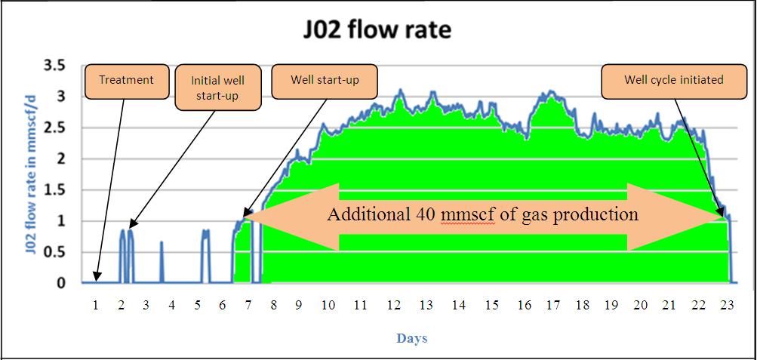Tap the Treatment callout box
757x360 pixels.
pyautogui.click(x=126, y=81)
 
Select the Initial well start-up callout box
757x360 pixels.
pyautogui.click(x=217, y=88)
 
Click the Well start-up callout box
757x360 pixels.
pyautogui.click(x=325, y=81)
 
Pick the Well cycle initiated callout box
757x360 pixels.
pyautogui.click(x=673, y=81)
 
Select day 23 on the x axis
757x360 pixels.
pyautogui.click(x=727, y=305)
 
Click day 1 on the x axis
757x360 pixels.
pyautogui.click(x=96, y=305)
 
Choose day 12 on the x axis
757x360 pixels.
pyautogui.click(x=394, y=305)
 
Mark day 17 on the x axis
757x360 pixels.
pyautogui.click(x=553, y=305)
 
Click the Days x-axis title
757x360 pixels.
pyautogui.click(x=412, y=339)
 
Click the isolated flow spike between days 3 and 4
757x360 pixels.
pyautogui.click(x=162, y=260)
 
